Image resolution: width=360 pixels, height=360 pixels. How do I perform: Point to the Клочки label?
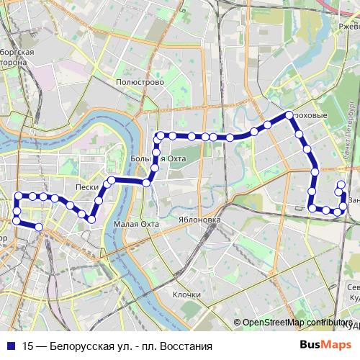pyautogui.click(x=186, y=294)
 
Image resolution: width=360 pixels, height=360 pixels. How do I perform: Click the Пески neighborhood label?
pyautogui.click(x=86, y=185)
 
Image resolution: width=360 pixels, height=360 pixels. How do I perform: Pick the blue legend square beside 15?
pyautogui.click(x=12, y=345)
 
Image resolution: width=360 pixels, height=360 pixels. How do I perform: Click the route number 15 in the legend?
pyautogui.click(x=27, y=345)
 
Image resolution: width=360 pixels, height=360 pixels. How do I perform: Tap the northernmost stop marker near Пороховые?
pyautogui.click(x=288, y=115)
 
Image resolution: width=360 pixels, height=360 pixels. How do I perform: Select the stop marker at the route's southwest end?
pyautogui.click(x=39, y=228)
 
